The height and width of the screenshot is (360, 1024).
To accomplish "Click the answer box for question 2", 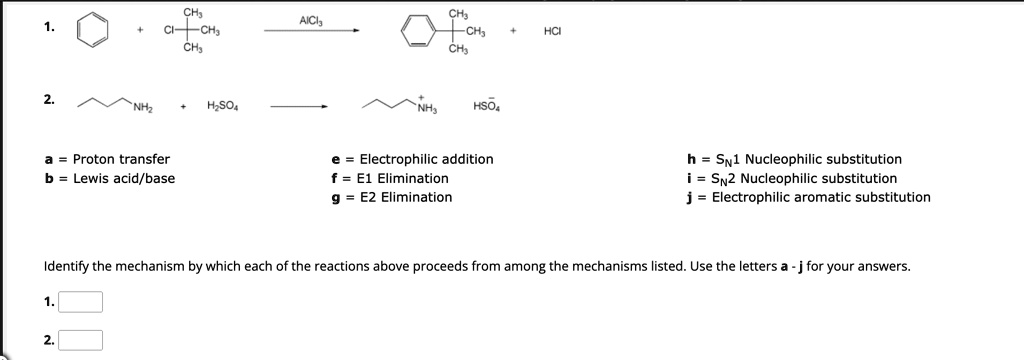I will click(81, 340).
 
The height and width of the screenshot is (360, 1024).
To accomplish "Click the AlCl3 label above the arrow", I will click(311, 20).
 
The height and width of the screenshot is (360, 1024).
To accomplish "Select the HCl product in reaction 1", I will click(552, 31).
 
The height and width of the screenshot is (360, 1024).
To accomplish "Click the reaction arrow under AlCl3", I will click(311, 31).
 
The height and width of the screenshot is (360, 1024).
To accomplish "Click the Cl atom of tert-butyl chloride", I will click(171, 31).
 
